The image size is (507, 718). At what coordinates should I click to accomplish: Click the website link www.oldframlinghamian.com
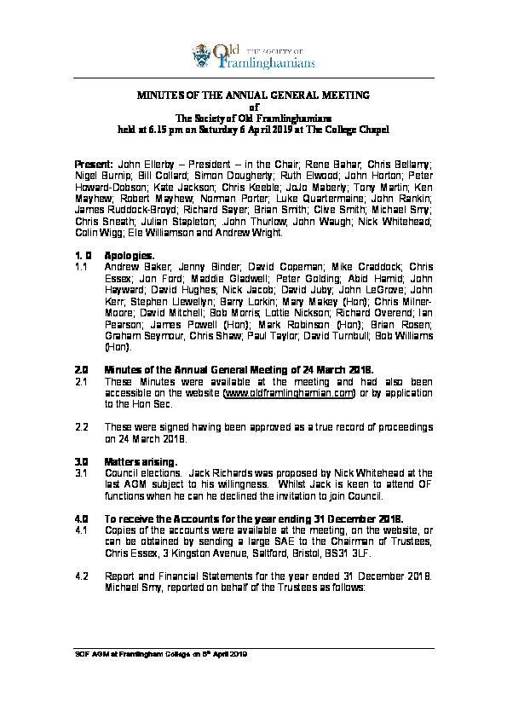tap(288, 395)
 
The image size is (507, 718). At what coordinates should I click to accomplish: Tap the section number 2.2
tap(82, 426)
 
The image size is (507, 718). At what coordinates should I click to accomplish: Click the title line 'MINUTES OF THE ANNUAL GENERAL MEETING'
tap(253, 96)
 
